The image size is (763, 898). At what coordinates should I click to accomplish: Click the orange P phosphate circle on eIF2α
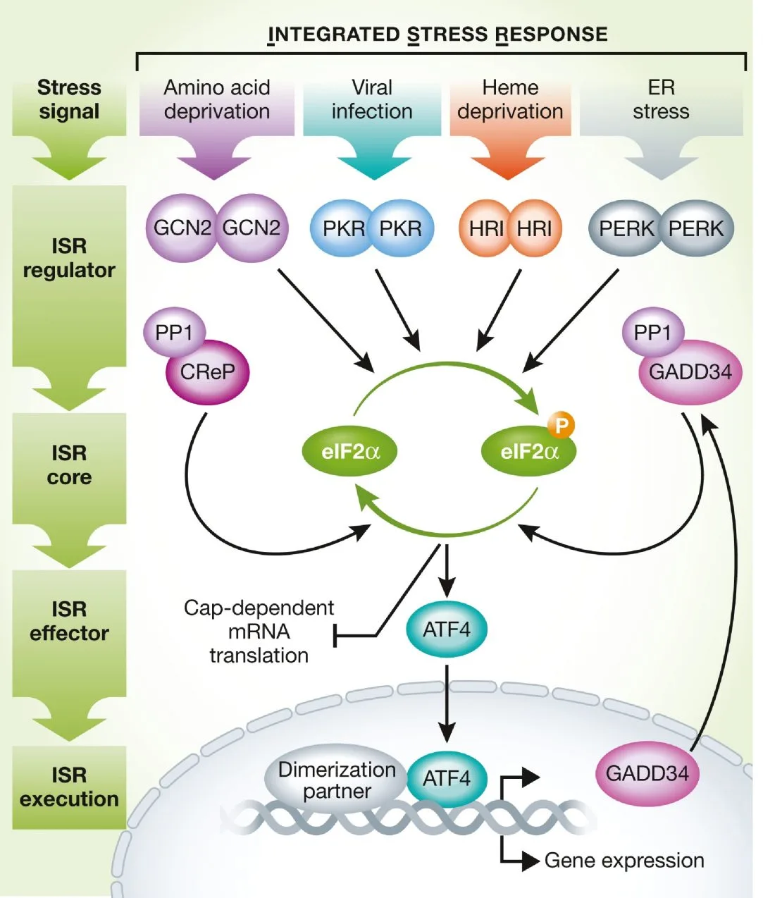562,425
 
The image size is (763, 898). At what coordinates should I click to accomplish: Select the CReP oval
207,372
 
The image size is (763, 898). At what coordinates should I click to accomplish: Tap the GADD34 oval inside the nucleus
647,774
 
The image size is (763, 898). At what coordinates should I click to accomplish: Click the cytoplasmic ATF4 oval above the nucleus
447,629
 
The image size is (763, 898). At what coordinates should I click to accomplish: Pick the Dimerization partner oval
337,780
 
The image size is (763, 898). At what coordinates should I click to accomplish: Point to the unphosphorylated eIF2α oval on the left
350,452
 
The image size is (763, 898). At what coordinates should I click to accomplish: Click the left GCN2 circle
182,228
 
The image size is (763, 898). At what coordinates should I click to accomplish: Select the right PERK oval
696,228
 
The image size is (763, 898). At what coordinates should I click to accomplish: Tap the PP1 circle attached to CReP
173,332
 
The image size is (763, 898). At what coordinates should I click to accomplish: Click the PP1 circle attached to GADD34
652,332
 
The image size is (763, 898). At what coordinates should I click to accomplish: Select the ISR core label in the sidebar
69,465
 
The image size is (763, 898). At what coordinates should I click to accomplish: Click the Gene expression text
624,861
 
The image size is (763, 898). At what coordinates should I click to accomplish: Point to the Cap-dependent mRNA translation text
259,632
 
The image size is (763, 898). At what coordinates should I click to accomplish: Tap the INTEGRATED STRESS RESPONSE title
438,35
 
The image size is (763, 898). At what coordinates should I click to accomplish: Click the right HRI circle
535,228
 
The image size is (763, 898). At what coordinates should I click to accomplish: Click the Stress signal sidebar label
69,99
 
